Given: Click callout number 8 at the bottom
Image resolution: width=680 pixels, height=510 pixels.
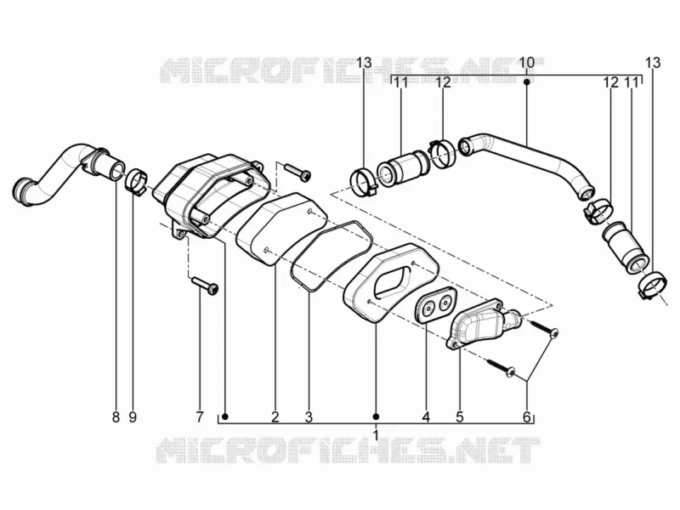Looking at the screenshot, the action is (x=116, y=417).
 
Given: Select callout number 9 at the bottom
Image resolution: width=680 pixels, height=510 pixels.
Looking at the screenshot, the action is (x=133, y=417).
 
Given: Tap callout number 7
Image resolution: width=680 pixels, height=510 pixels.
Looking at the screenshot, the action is (x=200, y=417).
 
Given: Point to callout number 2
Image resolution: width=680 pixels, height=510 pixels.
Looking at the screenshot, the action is (x=275, y=417).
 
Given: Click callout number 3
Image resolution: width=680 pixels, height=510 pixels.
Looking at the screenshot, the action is (x=309, y=417).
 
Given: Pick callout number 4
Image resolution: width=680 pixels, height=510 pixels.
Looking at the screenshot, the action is (x=426, y=417).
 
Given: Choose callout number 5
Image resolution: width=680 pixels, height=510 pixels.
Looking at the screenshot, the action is (x=460, y=417).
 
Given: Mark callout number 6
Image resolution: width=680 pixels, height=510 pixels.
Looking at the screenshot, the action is (x=526, y=417).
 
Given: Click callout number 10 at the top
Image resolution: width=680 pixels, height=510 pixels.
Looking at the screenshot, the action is (x=526, y=62).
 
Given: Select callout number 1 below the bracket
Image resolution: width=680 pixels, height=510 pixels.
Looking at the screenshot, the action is (x=376, y=433).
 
